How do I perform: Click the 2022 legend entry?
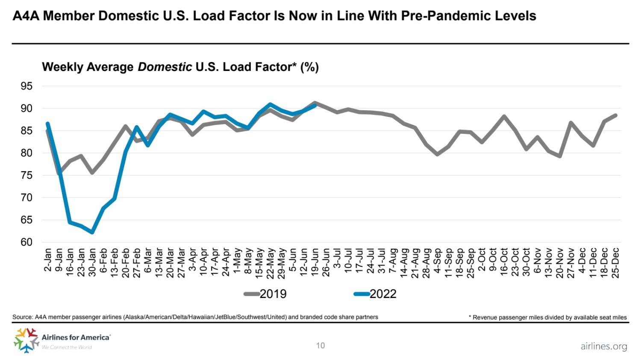pos(376,294)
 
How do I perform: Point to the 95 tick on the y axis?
pos(26,86)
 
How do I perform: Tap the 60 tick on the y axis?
pos(26,242)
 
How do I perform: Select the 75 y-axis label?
pos(26,175)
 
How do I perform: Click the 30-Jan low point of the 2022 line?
pos(92,232)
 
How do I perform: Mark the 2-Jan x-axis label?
pos(47,260)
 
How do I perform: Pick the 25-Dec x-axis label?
pos(615,263)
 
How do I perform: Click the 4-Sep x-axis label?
pos(437,261)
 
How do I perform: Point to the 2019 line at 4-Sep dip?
pos(437,154)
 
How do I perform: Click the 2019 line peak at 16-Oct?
pos(504,116)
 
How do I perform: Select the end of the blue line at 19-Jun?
pos(315,106)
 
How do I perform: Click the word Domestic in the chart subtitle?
pos(165,67)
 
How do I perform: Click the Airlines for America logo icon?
pos(26,340)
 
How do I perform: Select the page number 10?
pos(320,345)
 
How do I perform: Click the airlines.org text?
pos(604,346)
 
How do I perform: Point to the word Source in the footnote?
pos(22,317)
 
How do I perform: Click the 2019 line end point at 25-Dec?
pos(615,115)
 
